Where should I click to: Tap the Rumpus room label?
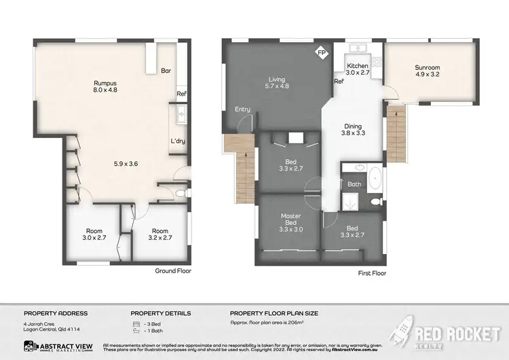(105, 85)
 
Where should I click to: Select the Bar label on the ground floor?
(166, 71)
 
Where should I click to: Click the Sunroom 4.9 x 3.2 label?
(428, 71)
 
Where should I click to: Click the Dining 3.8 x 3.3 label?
(352, 130)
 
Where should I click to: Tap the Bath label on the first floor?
(353, 184)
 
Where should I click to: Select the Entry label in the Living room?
(242, 110)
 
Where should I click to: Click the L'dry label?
(178, 142)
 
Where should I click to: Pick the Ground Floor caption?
(174, 270)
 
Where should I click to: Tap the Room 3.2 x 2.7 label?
(160, 235)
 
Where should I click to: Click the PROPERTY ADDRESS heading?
(56, 313)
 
